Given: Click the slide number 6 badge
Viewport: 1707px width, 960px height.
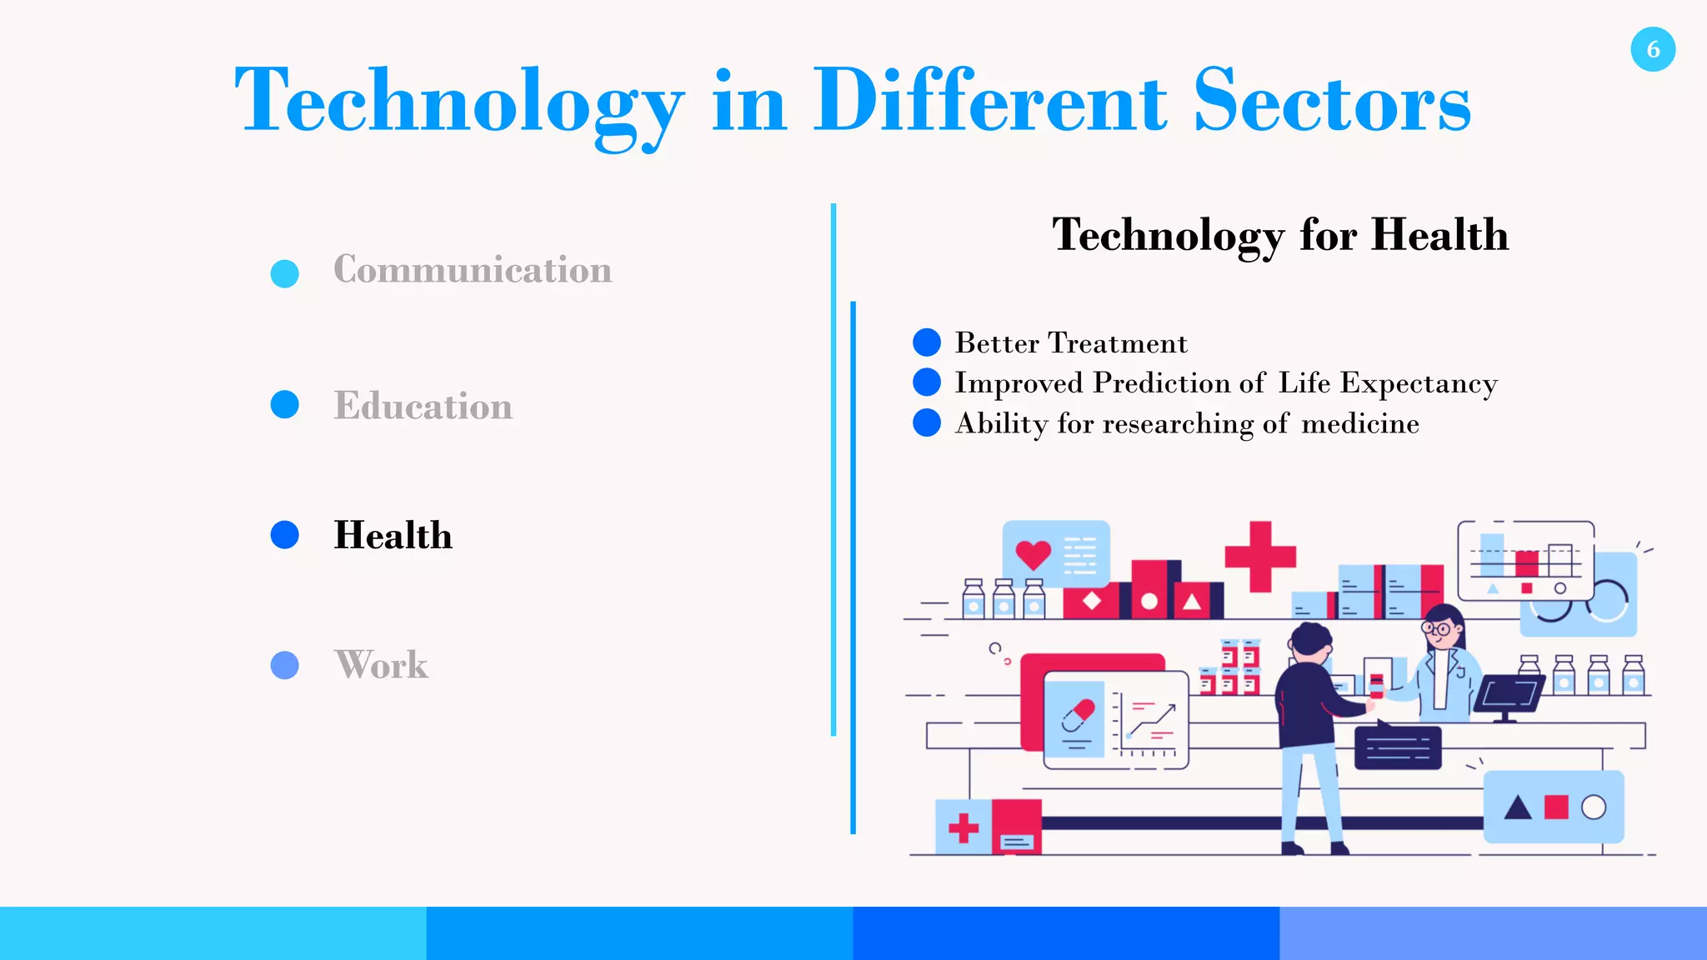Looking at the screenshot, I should click(1653, 49).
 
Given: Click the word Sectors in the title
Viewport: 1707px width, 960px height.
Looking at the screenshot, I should click(1331, 102).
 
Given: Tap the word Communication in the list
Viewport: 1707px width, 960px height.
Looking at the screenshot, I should click(473, 270).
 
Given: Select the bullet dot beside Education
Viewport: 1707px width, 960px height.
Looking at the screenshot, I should click(285, 404).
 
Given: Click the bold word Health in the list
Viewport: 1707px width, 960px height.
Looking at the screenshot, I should click(393, 535).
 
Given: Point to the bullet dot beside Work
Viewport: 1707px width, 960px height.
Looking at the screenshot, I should click(285, 665).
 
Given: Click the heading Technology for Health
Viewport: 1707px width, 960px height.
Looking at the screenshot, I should click(1279, 235).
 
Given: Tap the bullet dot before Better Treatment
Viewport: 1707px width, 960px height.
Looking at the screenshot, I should click(927, 342).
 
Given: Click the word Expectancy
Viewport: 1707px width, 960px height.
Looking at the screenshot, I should click(1419, 383).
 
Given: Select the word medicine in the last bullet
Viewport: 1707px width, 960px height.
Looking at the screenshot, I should click(1359, 424).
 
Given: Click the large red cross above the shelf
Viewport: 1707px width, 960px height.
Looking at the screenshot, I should click(1260, 557).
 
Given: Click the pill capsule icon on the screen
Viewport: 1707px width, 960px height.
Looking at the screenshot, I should click(1079, 715).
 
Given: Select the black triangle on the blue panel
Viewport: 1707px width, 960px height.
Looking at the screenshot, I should click(1518, 807).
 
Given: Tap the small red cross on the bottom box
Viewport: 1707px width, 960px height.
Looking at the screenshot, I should click(964, 827).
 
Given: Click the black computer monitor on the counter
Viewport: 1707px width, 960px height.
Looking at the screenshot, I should click(1509, 693).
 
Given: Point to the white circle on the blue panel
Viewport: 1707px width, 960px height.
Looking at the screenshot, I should click(1593, 807).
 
